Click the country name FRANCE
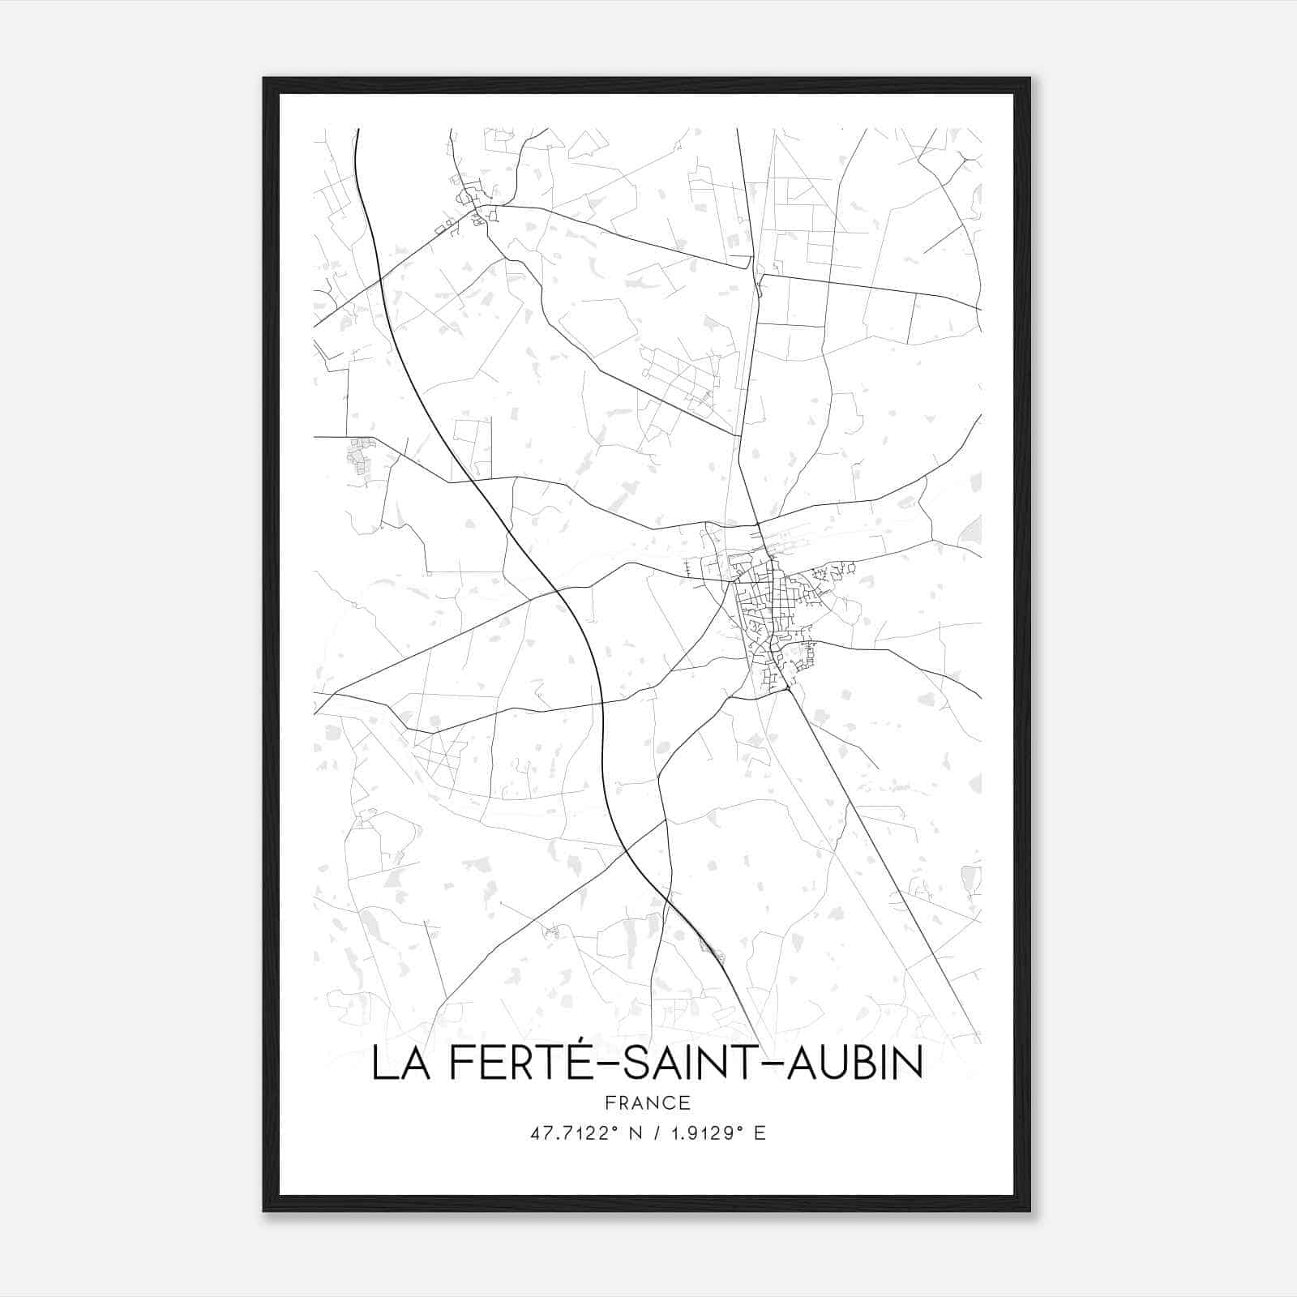(648, 1102)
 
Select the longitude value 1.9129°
(701, 1133)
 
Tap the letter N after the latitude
(636, 1133)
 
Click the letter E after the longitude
(760, 1133)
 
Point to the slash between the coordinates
(657, 1133)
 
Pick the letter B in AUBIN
(866, 1064)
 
